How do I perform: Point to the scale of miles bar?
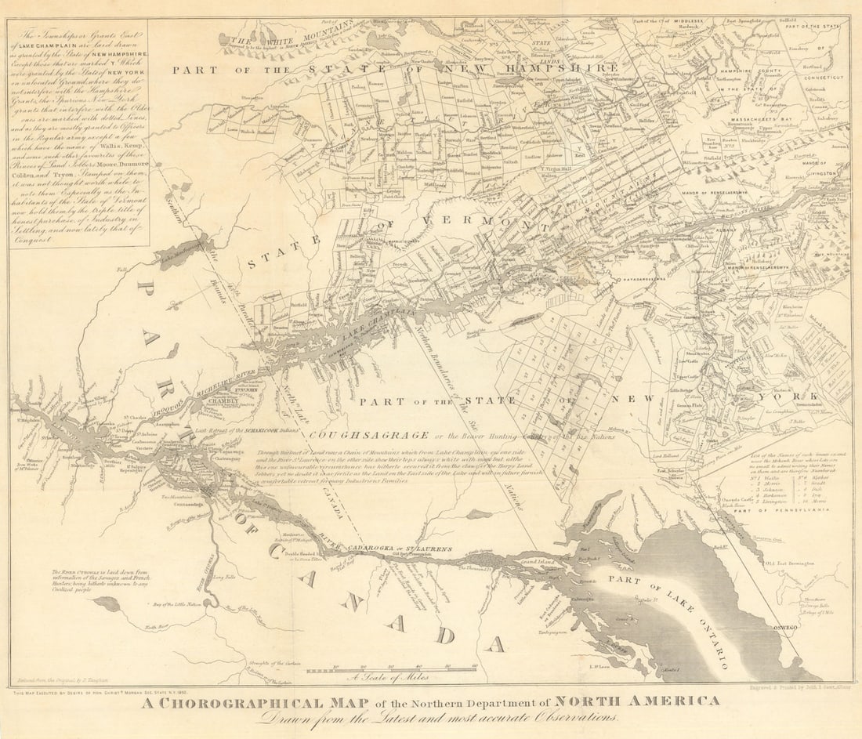pos(391,671)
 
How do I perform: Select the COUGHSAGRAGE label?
pos(368,436)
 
